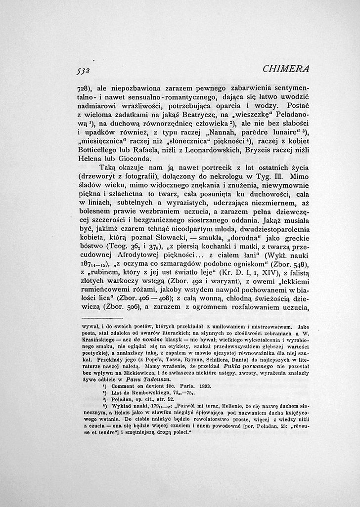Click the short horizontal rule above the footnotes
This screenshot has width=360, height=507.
102,318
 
